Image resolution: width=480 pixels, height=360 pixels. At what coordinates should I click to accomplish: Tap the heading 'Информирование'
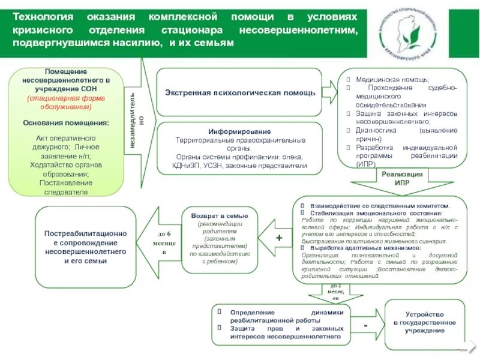pyautogui.click(x=240, y=131)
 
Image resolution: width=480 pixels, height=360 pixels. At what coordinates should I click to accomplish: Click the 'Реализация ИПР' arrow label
pyautogui.click(x=402, y=178)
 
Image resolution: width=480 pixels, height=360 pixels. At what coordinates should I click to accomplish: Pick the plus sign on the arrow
pyautogui.click(x=279, y=238)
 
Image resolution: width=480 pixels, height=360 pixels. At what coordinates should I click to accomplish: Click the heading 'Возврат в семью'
pyautogui.click(x=224, y=215)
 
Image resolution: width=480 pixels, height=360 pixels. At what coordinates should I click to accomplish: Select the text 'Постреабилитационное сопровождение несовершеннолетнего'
pyautogui.click(x=86, y=242)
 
